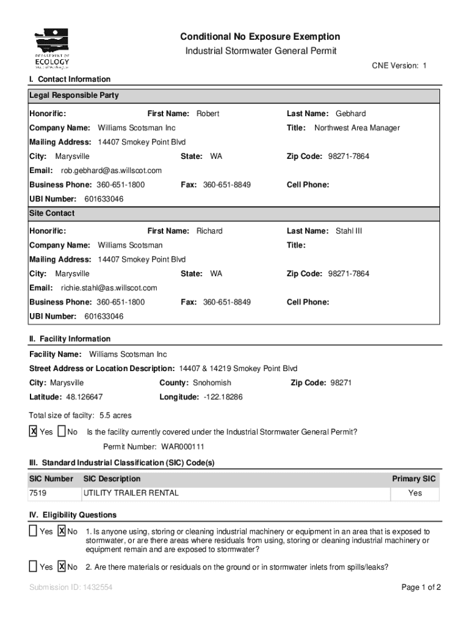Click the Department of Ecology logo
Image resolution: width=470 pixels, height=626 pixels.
click(x=52, y=49)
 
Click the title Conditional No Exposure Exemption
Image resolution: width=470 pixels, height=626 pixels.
click(x=260, y=37)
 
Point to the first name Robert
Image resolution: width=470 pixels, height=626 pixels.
click(x=208, y=114)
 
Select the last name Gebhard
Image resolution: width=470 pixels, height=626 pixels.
click(x=350, y=114)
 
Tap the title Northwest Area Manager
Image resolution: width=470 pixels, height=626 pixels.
click(x=357, y=128)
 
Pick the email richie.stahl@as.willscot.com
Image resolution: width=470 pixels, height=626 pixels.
click(x=109, y=288)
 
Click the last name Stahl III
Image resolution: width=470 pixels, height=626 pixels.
click(x=349, y=231)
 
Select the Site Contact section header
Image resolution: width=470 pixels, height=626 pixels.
click(x=52, y=213)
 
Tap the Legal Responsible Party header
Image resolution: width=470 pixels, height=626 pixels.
click(x=74, y=95)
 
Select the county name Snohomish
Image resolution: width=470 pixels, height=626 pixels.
click(x=212, y=383)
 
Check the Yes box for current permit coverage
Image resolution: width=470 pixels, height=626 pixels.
click(x=34, y=432)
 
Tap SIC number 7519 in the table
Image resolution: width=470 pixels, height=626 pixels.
click(x=38, y=493)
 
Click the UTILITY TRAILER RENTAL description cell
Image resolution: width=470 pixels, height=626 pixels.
click(x=131, y=493)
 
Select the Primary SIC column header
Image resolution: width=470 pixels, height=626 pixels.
click(x=414, y=479)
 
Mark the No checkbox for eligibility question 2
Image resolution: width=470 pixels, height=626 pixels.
click(x=62, y=567)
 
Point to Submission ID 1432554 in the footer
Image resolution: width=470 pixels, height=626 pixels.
click(x=70, y=587)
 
